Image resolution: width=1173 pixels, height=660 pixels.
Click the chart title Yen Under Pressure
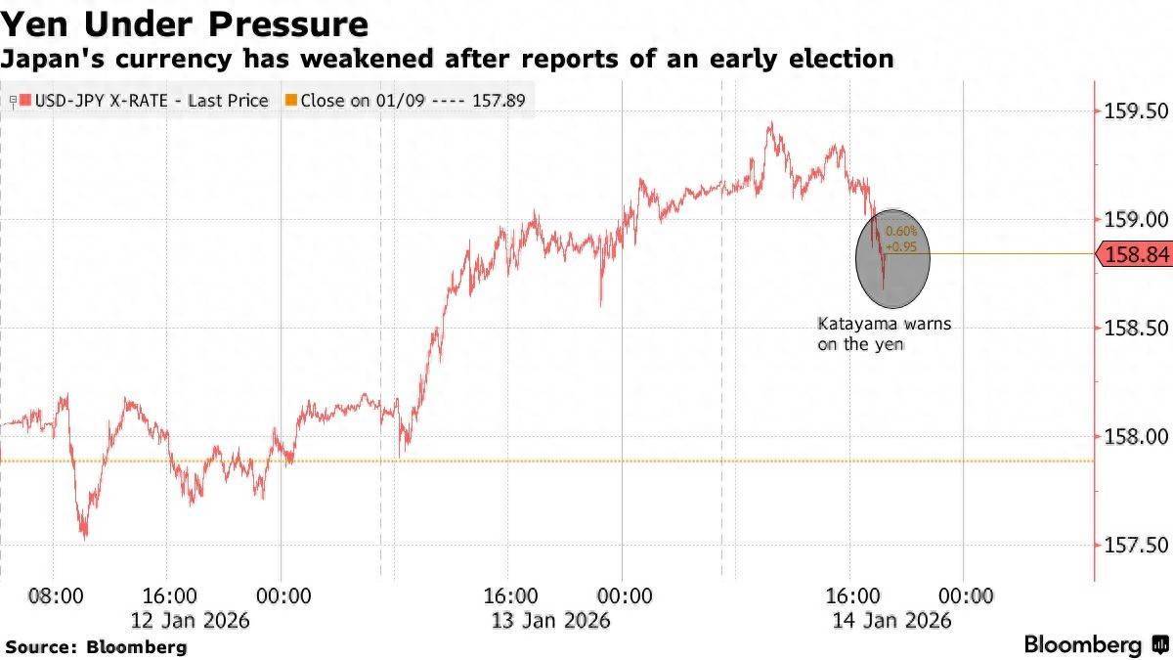pyautogui.click(x=185, y=23)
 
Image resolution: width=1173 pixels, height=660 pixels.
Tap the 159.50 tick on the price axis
pyautogui.click(x=1135, y=110)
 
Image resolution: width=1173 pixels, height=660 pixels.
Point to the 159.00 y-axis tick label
pyautogui.click(x=1135, y=219)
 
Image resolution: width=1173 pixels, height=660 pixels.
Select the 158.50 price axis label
pyautogui.click(x=1135, y=329)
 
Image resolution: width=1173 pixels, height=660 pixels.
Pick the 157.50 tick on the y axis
pyautogui.click(x=1135, y=545)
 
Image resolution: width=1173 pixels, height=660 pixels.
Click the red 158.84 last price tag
pyautogui.click(x=1135, y=255)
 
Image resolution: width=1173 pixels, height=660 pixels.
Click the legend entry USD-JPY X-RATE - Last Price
pyautogui.click(x=144, y=100)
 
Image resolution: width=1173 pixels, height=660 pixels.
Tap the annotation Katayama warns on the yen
pyautogui.click(x=884, y=333)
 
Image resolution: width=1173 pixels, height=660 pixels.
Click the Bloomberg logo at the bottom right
pyautogui.click(x=1095, y=644)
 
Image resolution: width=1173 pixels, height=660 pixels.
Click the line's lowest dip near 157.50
pyautogui.click(x=85, y=537)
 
